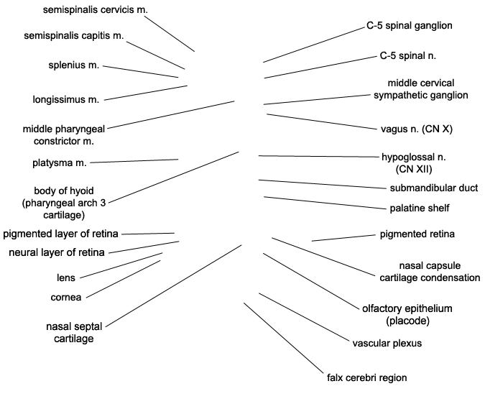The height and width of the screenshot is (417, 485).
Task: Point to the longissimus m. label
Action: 66,98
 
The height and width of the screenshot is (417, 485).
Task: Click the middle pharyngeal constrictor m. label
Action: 64,134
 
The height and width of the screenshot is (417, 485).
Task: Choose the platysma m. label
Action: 60,163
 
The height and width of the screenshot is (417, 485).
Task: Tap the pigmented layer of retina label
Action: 61,233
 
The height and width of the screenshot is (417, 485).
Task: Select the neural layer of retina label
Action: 56,252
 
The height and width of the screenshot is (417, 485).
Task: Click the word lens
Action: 66,278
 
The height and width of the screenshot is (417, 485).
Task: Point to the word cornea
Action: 66,296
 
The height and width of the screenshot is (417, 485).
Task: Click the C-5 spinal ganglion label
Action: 409,25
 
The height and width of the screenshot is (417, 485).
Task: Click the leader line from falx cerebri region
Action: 284,339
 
